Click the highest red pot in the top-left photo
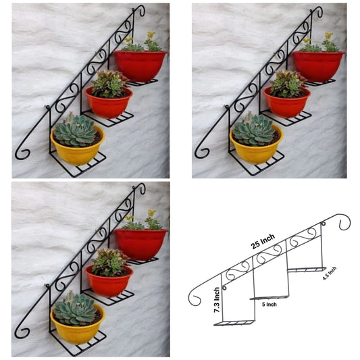[140, 66]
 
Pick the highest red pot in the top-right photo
[318, 66]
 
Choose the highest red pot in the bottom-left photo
[141, 244]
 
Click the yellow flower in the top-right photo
[328, 35]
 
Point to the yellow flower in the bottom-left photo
[151, 213]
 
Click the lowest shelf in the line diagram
[234, 322]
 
